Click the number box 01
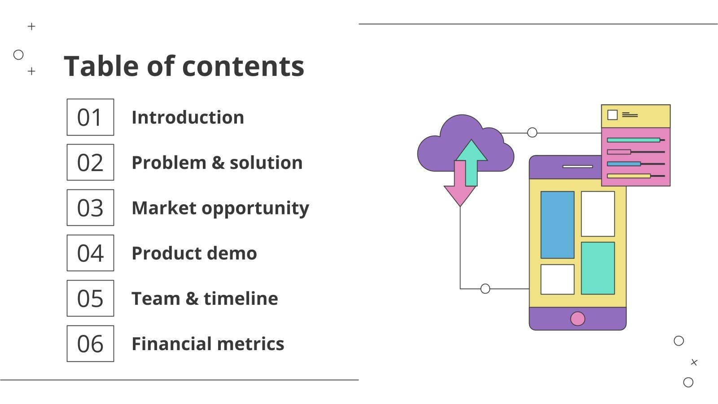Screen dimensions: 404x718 coord(90,117)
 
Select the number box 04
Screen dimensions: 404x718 coord(90,253)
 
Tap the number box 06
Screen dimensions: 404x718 coord(90,344)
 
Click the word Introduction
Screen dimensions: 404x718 coord(188,118)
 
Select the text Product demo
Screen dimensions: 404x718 coord(194,254)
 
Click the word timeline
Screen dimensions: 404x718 coord(241,299)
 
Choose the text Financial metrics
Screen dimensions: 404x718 coord(207,344)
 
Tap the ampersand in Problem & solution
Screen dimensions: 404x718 coord(218,163)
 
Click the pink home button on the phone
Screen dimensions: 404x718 coord(578,319)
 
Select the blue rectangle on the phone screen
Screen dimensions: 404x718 coord(557,225)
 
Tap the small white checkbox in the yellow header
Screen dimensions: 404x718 coord(612,115)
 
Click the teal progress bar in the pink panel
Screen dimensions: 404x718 coord(633,140)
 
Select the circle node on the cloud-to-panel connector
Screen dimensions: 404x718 coord(532,132)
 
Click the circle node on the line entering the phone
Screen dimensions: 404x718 coord(485,289)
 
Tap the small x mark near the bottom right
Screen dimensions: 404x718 coord(694,362)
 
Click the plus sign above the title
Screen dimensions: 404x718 coord(31,26)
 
